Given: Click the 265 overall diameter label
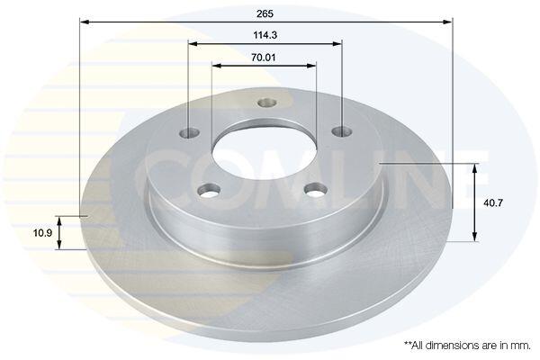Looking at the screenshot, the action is click(x=265, y=13).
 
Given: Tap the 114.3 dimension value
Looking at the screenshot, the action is click(x=265, y=35).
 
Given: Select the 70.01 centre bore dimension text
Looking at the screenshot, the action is click(x=264, y=58).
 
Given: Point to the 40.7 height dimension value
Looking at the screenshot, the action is click(x=493, y=202).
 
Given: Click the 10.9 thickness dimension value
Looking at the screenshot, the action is click(x=42, y=233).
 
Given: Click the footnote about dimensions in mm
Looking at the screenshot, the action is click(x=467, y=346).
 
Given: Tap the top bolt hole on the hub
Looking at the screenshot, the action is click(x=267, y=103).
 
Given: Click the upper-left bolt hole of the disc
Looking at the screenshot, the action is click(x=190, y=132).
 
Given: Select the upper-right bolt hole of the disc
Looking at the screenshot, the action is click(x=342, y=131).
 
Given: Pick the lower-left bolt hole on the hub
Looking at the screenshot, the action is click(x=209, y=191).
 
